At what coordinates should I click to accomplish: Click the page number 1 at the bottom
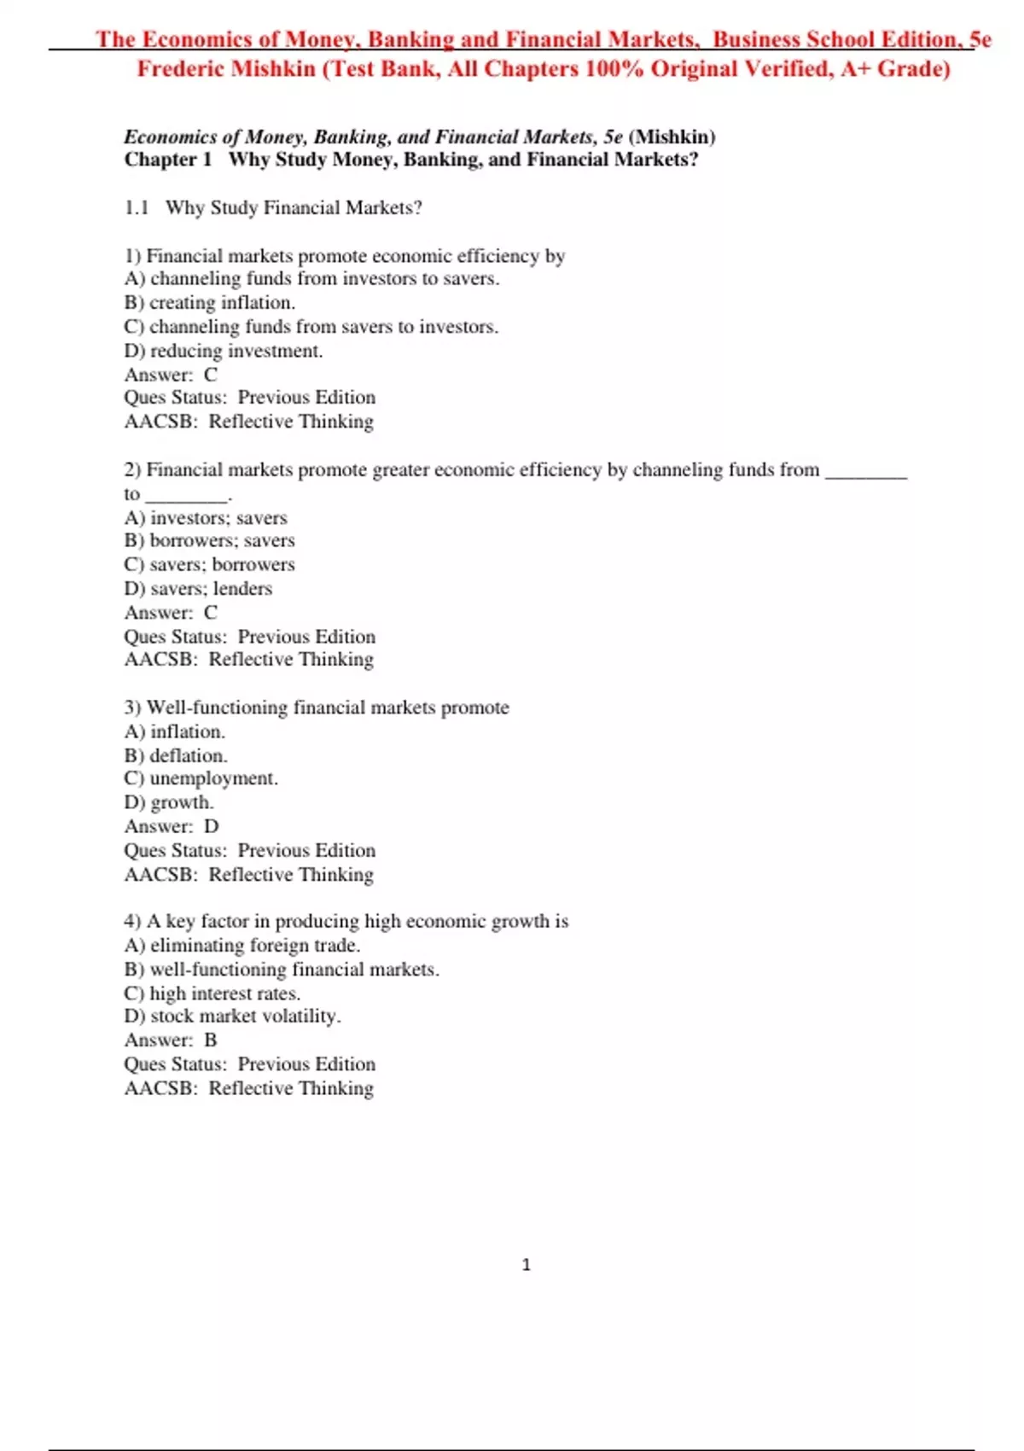[526, 1264]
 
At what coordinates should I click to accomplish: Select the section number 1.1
[137, 207]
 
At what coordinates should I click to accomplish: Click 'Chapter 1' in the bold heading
[167, 160]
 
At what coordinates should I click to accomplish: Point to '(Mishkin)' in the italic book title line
[672, 137]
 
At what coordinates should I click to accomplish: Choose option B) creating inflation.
[210, 302]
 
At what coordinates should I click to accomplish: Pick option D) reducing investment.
[224, 350]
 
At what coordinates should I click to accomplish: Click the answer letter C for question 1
[211, 374]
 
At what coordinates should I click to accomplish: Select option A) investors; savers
[206, 517]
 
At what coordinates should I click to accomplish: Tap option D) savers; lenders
[199, 588]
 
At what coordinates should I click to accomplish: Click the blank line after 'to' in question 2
[187, 495]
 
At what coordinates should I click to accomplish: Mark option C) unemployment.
[201, 778]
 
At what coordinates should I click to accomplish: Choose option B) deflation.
[177, 755]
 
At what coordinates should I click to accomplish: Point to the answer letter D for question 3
[211, 825]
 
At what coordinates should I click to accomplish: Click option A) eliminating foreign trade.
[242, 945]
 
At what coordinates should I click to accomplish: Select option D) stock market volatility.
[233, 1016]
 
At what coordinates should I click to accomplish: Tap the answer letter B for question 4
[211, 1040]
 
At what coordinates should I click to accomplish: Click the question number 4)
[132, 921]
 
